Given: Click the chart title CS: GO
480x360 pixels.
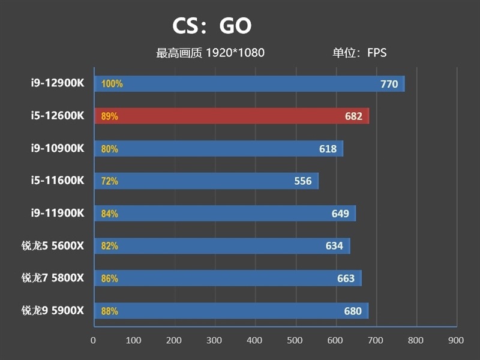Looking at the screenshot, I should [212, 26].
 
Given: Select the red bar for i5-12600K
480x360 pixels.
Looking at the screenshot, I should [231, 116].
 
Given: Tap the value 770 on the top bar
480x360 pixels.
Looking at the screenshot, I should [389, 84].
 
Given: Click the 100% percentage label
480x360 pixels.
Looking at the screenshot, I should [112, 84].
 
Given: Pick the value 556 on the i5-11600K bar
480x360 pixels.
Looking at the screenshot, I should [303, 181].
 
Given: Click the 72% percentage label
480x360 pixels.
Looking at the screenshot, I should [110, 181].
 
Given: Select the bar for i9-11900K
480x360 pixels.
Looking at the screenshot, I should [225, 213].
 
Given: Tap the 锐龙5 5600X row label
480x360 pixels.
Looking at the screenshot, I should [53, 245].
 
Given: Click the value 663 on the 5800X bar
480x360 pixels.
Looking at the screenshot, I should [346, 278].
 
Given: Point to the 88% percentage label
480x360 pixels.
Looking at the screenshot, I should [110, 311].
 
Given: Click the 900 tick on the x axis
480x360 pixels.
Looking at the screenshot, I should [456, 340].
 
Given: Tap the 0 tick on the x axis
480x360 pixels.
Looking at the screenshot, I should [93, 340].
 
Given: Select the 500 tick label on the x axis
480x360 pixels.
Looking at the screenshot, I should [295, 340].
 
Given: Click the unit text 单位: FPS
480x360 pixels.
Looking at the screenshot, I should [359, 53].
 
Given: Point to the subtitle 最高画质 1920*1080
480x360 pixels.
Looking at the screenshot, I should [210, 53].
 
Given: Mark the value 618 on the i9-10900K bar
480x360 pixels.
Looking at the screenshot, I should [328, 148].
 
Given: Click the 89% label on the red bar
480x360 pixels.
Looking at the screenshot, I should [110, 116].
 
